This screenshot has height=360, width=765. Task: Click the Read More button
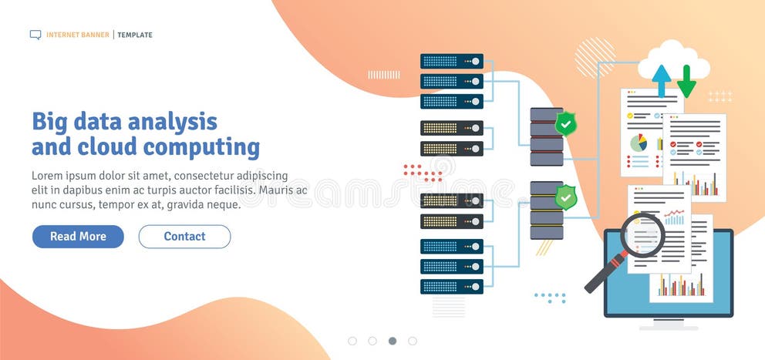[78, 237]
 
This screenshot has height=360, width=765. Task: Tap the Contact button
[184, 237]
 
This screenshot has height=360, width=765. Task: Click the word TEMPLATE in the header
[135, 35]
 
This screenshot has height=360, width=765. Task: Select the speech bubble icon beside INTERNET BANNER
[35, 35]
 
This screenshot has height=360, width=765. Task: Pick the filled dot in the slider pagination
[393, 341]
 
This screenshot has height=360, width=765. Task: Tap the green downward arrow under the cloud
[686, 81]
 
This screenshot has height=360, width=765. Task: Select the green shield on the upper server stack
[566, 123]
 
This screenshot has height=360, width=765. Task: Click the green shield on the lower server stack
[566, 197]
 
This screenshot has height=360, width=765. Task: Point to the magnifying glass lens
[642, 234]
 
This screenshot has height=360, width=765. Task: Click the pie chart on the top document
[639, 143]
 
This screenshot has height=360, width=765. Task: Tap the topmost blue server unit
[452, 61]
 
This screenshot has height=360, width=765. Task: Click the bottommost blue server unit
[452, 286]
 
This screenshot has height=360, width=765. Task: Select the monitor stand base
[668, 326]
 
